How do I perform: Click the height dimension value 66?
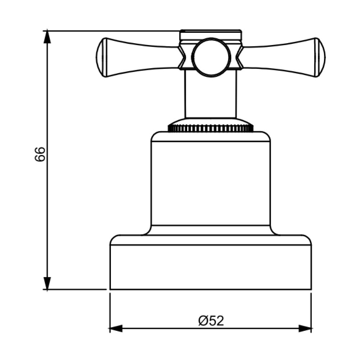40,154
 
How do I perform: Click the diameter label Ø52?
211,321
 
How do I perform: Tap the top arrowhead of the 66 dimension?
47,36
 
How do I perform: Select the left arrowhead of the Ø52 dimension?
116,328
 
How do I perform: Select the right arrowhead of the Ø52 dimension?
305,328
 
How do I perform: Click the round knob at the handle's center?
211,57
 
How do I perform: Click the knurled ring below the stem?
211,128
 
